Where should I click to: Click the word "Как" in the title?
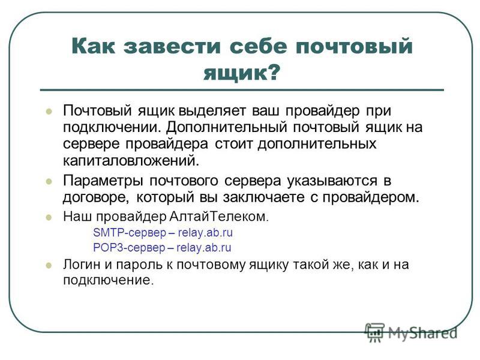[x=94, y=46]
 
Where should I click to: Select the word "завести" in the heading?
[x=172, y=47]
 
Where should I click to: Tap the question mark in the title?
[x=272, y=72]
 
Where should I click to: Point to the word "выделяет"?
[x=212, y=110]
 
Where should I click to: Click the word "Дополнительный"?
[x=227, y=127]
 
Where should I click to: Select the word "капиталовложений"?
[x=131, y=160]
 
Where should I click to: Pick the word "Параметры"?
[x=103, y=181]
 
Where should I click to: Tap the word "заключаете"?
[x=263, y=197]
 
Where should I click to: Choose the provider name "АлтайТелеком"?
[x=219, y=217]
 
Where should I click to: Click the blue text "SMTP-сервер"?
[x=130, y=233]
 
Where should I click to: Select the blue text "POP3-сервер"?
[x=129, y=247]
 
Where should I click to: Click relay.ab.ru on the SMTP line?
[x=205, y=233]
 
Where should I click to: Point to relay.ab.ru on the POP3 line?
[x=204, y=247]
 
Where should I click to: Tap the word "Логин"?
[x=82, y=265]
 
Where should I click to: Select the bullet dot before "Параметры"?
[x=49, y=182]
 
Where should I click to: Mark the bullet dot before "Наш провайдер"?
[x=49, y=218]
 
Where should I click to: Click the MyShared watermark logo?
[x=411, y=332]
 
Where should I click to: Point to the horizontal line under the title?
[x=242, y=90]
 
